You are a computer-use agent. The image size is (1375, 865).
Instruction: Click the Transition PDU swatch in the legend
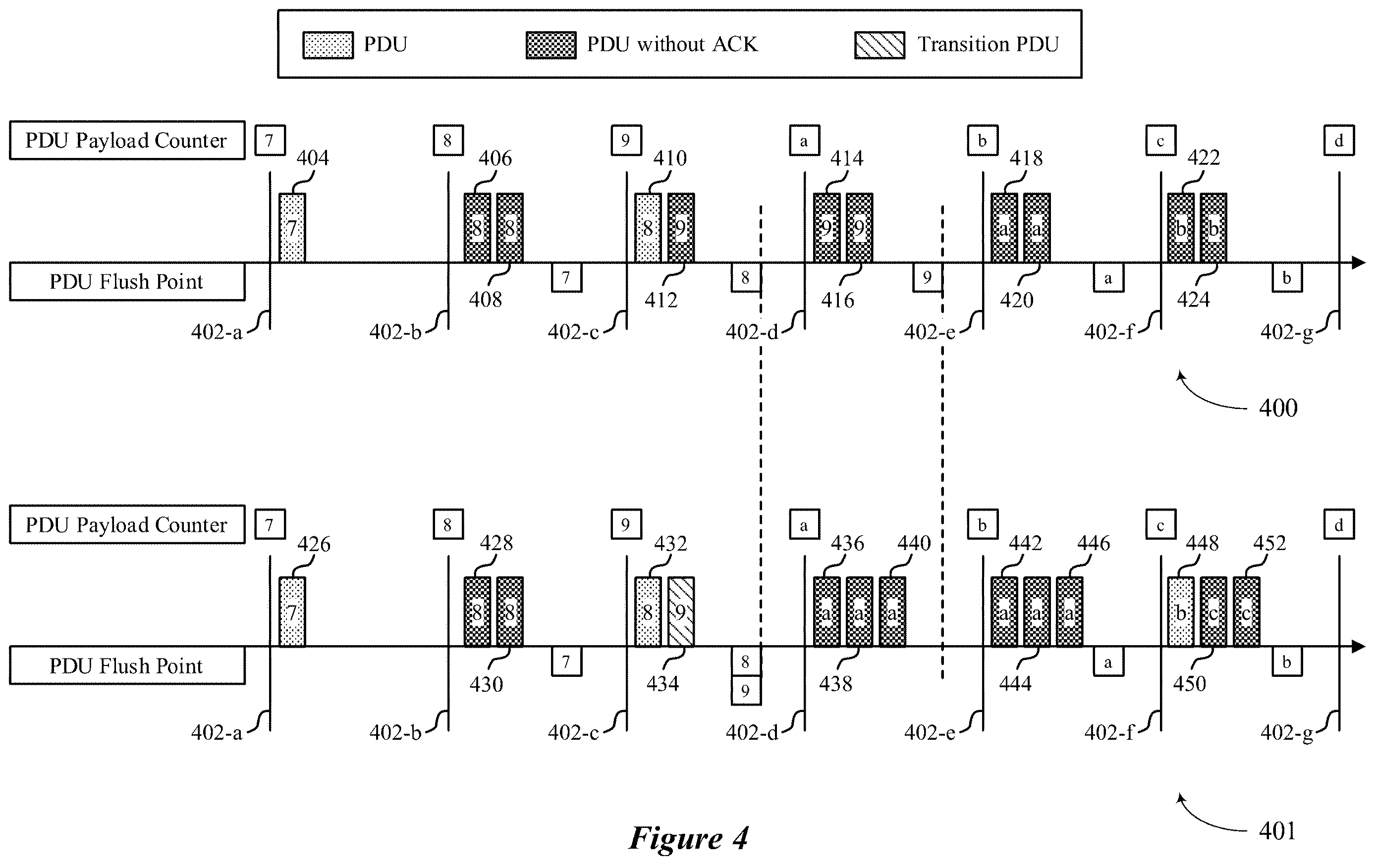880,45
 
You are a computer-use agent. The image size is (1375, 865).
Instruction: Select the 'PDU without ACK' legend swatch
550,45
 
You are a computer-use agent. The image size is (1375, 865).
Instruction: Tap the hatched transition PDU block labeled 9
681,611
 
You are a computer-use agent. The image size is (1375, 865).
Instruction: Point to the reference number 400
1278,408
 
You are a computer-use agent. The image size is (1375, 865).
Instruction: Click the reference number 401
1277,831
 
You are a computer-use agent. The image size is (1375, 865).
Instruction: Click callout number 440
914,543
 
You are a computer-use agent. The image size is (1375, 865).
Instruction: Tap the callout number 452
1269,543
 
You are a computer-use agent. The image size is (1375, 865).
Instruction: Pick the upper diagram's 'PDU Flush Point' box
127,281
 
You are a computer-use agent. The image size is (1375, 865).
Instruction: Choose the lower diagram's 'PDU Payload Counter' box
127,524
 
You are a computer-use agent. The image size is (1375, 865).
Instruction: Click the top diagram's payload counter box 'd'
1339,140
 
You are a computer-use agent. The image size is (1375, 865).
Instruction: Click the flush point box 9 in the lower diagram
746,691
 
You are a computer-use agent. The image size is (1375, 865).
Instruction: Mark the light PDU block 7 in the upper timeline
292,228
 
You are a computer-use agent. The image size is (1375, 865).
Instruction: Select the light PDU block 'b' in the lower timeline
1181,611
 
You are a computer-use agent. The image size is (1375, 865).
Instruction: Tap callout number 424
1194,300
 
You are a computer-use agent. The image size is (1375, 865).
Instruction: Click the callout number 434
662,684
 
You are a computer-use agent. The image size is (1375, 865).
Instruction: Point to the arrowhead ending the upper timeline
1360,262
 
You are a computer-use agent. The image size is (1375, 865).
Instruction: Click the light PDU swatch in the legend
328,45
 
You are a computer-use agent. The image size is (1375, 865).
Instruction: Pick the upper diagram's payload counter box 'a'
805,140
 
